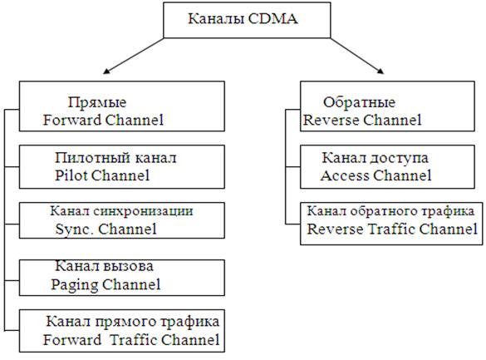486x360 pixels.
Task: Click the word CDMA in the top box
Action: click(x=272, y=18)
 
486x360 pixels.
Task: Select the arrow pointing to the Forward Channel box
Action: click(x=134, y=56)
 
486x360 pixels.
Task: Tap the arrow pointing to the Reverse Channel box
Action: click(x=357, y=56)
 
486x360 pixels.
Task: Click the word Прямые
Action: click(x=97, y=102)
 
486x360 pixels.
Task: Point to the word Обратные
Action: click(x=359, y=102)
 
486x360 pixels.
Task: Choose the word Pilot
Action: click(x=71, y=175)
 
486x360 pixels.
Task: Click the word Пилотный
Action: click(x=88, y=158)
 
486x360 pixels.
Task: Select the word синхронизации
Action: click(x=143, y=211)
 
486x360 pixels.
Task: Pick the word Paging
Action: click(x=75, y=284)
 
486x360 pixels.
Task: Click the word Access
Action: click(x=344, y=175)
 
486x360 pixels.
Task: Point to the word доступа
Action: click(x=399, y=158)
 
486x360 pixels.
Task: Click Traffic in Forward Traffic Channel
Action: click(x=134, y=340)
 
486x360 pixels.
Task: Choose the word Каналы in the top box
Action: click(x=216, y=19)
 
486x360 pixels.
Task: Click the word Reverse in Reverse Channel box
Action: click(x=331, y=120)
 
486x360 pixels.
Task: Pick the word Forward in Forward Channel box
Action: click(x=72, y=120)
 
